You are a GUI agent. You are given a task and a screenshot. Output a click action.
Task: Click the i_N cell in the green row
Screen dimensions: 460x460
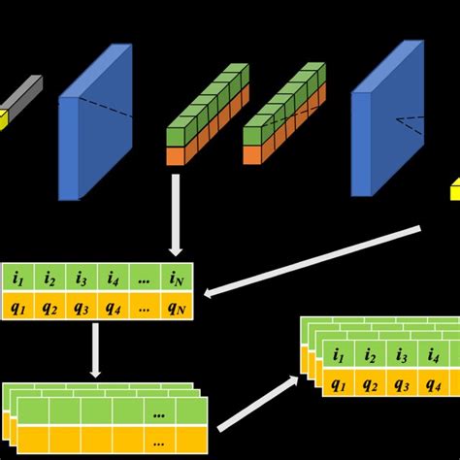(x=177, y=279)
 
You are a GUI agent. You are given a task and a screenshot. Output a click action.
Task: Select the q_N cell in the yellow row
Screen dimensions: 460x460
(x=177, y=309)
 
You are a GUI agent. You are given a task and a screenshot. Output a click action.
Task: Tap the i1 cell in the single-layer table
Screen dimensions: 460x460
(x=17, y=279)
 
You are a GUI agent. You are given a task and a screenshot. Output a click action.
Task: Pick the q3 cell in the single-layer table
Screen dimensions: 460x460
(x=81, y=309)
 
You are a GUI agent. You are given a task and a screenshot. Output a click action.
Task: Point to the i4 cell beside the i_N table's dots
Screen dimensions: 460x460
(x=113, y=279)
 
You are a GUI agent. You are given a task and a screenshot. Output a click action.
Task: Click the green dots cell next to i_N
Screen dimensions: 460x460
(x=145, y=279)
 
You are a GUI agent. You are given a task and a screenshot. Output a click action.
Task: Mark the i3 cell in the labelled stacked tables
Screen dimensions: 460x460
(x=402, y=354)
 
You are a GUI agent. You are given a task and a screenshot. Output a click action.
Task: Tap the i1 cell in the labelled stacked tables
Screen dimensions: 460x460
(x=338, y=354)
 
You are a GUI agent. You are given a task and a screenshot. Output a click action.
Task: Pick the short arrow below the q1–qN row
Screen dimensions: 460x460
(x=95, y=350)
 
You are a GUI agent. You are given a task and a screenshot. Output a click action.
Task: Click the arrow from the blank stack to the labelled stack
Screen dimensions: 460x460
(x=257, y=403)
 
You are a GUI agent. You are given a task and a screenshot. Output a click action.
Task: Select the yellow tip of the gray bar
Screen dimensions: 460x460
(x=3, y=119)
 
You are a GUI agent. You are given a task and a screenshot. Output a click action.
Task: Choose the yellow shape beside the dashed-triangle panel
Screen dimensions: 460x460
(x=454, y=188)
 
